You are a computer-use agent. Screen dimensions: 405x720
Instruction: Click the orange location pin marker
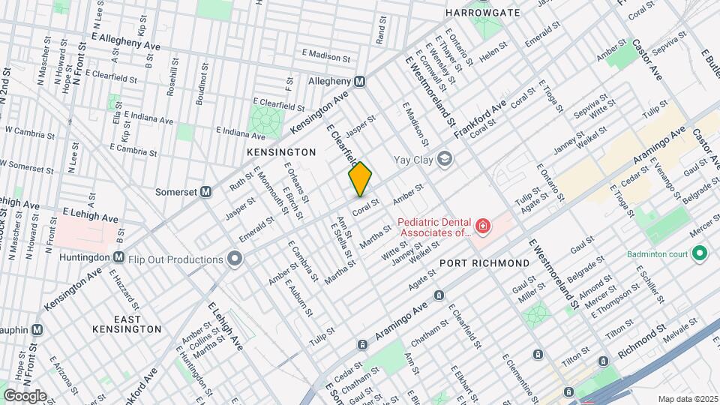pos(360,179)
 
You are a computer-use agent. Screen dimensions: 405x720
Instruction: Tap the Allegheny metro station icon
pos(360,80)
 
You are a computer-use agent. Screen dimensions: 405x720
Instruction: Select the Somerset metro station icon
pos(205,191)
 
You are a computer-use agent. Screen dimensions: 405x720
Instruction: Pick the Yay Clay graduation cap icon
pos(445,158)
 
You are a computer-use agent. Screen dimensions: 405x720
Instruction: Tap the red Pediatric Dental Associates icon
pos(482,226)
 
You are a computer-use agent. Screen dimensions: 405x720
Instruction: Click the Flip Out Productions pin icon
pos(235,259)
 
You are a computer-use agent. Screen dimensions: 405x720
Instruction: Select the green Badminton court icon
pos(699,254)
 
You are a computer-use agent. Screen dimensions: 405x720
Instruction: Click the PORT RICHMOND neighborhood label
pos(484,263)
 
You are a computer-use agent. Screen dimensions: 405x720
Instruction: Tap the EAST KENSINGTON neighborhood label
pos(126,323)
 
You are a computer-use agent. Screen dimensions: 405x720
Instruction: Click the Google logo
pos(25,395)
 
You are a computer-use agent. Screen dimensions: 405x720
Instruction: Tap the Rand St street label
pos(381,28)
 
